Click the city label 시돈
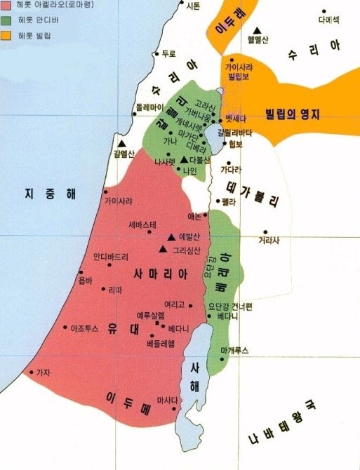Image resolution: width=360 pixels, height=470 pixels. pos(193,6)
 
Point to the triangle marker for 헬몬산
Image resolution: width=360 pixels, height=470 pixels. pos(258,29)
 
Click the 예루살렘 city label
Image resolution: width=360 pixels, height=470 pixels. pos(150,316)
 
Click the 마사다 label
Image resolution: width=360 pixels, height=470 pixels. pos(167,400)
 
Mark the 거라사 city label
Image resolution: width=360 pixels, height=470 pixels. pos(268,241)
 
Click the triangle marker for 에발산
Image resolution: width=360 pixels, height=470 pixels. pos(171,236)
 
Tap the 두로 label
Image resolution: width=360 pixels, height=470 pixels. pos(168,53)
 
